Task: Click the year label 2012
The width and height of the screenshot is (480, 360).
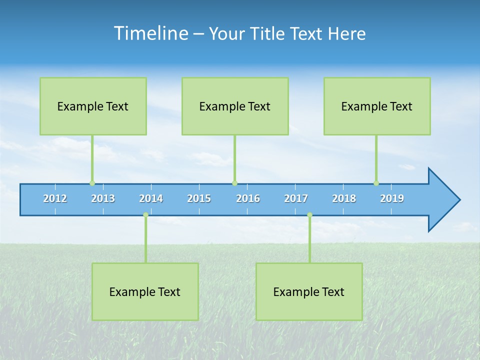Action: pos(55,199)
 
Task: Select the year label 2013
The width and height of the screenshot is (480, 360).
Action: pos(103,199)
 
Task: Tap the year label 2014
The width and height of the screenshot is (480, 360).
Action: pos(151,199)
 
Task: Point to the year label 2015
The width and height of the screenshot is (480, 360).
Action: pos(199,199)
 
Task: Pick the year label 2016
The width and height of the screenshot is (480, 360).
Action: pos(248,199)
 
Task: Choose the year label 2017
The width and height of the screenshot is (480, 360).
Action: pos(296,199)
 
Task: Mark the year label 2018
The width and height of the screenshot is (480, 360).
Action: pos(344,199)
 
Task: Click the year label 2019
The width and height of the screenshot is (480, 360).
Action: pos(392,199)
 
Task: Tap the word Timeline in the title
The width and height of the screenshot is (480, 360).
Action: pos(150,33)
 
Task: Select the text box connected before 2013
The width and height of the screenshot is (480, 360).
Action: pos(93,106)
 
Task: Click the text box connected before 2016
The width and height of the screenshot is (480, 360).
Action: pos(235,106)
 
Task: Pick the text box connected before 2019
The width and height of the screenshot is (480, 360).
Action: pos(377,106)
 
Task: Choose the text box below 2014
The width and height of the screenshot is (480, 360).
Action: pos(145,291)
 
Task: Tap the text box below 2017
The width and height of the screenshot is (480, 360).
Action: pos(309,291)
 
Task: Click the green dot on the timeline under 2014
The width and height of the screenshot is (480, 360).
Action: pos(145,215)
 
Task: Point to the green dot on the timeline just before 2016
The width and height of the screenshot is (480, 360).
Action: pos(234,183)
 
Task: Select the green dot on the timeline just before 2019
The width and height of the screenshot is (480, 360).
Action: pos(376,183)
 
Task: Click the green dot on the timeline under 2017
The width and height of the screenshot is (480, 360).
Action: pos(309,215)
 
